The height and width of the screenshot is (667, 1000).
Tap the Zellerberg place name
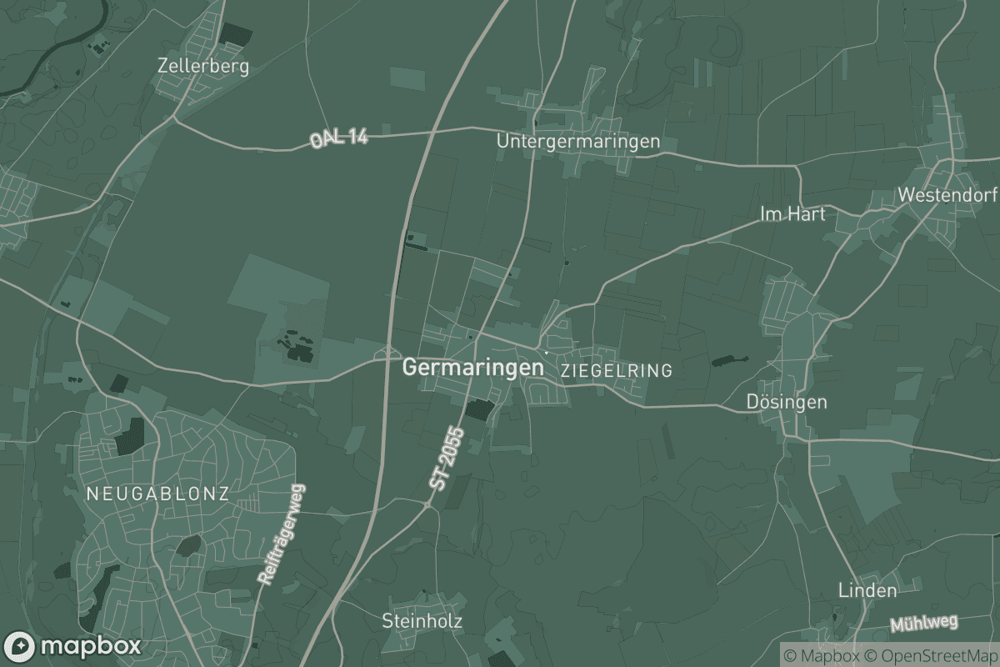(202, 67)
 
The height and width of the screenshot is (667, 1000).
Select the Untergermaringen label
(577, 142)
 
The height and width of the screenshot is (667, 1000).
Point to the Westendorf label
(947, 195)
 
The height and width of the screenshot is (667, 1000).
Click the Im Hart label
(792, 214)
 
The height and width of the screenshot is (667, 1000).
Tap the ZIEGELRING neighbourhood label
(617, 370)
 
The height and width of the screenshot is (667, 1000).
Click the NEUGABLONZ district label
(157, 494)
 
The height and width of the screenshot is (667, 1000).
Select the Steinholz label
(422, 621)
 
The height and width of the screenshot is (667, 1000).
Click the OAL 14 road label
(338, 139)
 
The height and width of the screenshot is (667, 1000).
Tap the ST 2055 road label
(445, 465)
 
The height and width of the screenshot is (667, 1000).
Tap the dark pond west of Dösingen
(729, 361)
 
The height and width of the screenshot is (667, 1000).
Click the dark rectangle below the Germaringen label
(479, 409)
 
